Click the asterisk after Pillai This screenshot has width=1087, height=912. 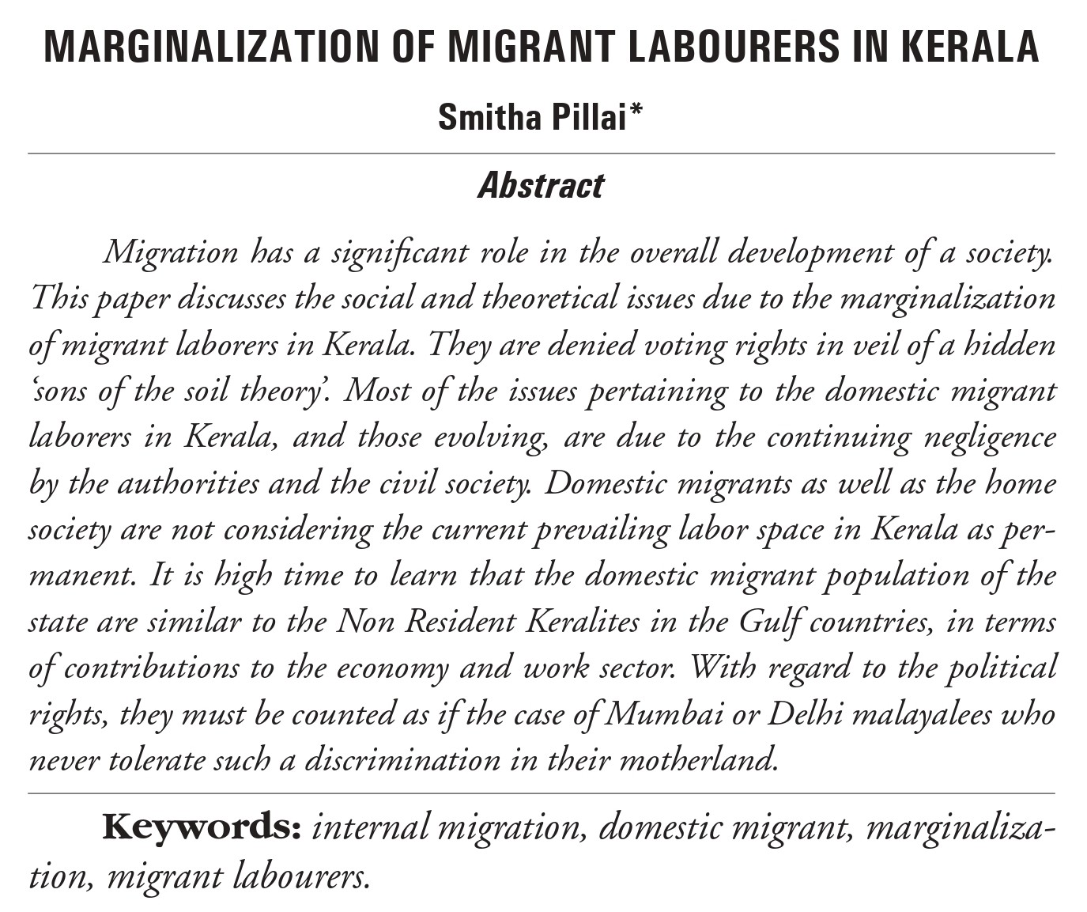click(636, 113)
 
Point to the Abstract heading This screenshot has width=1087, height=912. click(541, 186)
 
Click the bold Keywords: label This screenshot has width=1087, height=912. click(202, 827)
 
